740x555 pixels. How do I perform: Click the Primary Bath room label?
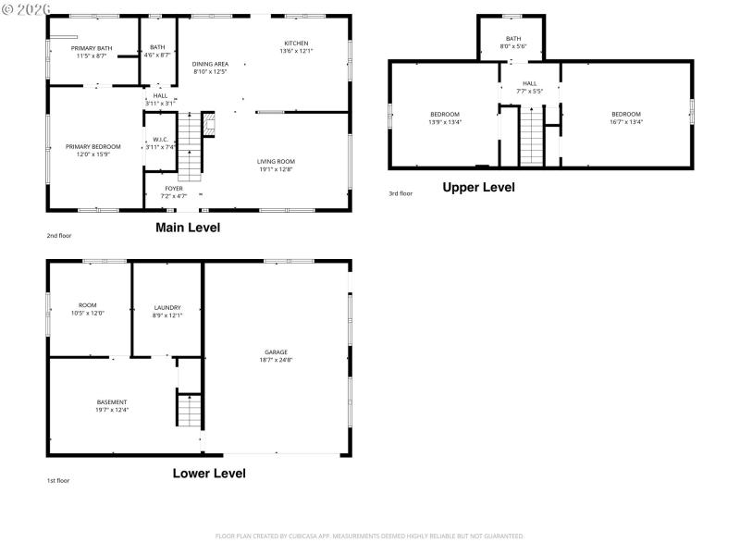[91, 47]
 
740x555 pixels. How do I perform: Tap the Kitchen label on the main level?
[296, 43]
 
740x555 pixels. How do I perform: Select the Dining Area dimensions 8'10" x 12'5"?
[210, 71]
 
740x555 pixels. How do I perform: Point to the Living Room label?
[276, 162]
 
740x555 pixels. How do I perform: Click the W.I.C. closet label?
[160, 141]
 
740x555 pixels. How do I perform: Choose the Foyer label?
[174, 189]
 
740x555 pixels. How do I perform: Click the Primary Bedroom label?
[92, 146]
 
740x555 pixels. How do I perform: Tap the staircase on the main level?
[189, 146]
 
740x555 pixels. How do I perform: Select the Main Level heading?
[188, 228]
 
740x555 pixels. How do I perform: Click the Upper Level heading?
[478, 187]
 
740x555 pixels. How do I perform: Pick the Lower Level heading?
[209, 474]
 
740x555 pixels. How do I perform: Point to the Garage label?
[276, 351]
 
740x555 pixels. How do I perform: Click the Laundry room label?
[167, 308]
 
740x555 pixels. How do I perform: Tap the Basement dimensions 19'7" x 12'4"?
[112, 409]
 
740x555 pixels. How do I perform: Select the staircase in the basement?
[189, 410]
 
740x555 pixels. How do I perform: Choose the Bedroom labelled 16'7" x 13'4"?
[625, 114]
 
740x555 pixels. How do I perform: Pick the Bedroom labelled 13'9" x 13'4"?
[444, 114]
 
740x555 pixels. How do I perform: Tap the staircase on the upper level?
[531, 136]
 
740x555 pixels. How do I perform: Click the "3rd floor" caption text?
[400, 193]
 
